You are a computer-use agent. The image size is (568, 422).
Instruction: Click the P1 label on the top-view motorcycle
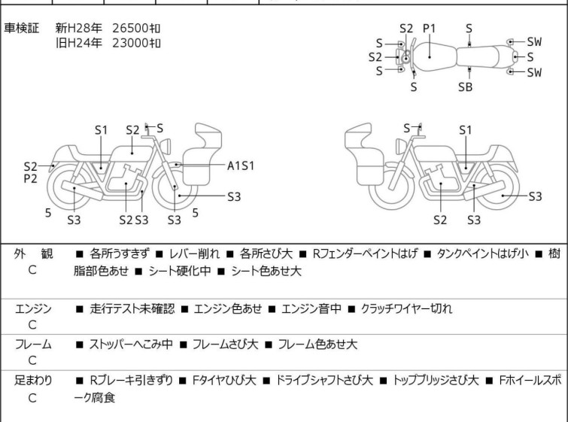(x=429, y=29)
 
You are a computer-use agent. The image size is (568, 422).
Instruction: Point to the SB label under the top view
(x=466, y=87)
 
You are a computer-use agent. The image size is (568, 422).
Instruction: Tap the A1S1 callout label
(x=241, y=165)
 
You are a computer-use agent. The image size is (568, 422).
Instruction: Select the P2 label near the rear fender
(x=30, y=180)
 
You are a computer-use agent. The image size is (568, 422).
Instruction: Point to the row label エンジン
(x=33, y=308)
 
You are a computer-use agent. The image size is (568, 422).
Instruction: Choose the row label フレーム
(x=33, y=344)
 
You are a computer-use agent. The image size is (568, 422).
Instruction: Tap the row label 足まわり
(x=33, y=381)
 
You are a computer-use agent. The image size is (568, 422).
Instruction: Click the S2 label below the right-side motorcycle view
(x=440, y=220)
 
